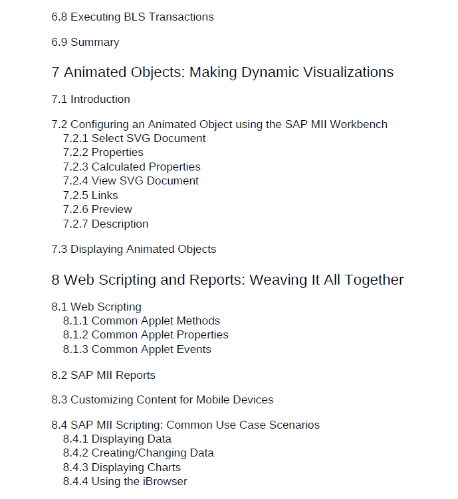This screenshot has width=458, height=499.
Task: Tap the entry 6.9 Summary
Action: pos(85,42)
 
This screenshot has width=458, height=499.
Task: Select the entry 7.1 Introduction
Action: pos(90,100)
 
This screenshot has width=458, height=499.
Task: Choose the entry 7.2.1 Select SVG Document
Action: pos(134,139)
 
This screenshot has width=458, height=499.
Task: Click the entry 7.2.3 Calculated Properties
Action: pos(132,167)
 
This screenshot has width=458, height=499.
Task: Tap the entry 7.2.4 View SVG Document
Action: pos(130,181)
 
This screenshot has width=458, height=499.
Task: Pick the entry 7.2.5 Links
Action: pos(90,196)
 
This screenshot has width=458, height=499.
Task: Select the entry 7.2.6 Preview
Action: pos(97,210)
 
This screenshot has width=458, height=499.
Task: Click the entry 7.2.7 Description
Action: pos(106,224)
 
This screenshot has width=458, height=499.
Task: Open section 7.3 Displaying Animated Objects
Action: pos(134,249)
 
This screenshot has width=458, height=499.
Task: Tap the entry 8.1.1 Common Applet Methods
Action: pos(142,321)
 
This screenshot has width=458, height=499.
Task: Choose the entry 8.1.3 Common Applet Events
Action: pos(137,350)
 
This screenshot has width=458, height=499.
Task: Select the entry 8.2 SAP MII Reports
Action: pos(103,376)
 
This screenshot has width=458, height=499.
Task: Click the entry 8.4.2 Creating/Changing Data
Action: pos(138,453)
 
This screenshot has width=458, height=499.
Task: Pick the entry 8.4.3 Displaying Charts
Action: pos(122,468)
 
